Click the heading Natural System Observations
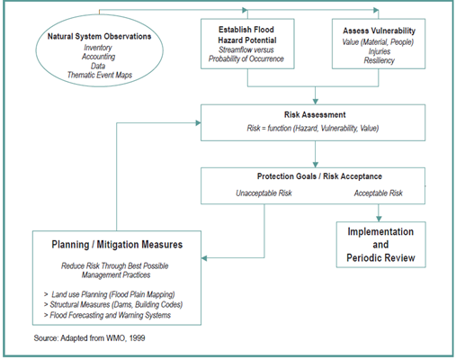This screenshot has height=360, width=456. (x=99, y=36)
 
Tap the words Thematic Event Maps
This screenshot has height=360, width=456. (x=100, y=75)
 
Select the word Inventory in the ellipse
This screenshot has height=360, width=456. (x=98, y=48)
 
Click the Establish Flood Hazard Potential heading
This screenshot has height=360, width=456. (x=246, y=35)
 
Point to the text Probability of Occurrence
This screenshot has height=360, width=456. (x=246, y=58)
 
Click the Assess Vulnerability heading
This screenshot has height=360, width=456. (x=380, y=31)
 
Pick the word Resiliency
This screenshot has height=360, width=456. (x=380, y=60)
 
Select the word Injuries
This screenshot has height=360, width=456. (x=380, y=51)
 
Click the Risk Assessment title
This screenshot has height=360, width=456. (x=315, y=114)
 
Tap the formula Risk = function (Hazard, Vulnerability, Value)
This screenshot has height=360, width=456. (x=313, y=129)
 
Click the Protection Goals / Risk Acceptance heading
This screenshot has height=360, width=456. (x=319, y=176)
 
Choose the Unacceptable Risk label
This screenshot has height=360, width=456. (x=264, y=193)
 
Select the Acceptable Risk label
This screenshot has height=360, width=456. (x=379, y=193)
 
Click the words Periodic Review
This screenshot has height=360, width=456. (x=380, y=257)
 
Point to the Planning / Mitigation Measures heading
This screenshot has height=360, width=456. (x=117, y=245)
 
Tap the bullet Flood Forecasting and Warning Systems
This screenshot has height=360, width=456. (x=107, y=315)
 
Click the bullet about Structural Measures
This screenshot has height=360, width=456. (x=113, y=304)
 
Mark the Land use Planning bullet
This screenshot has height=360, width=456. (x=110, y=294)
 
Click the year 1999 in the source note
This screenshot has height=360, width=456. (x=138, y=338)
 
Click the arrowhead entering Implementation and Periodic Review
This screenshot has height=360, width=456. (x=379, y=219)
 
